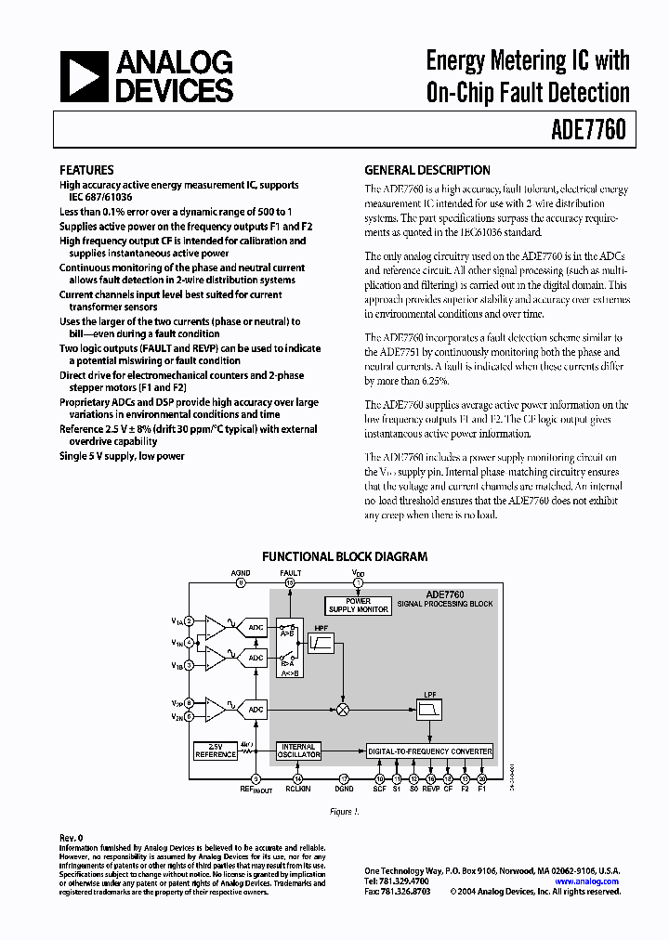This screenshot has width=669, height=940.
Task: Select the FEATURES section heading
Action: click(86, 170)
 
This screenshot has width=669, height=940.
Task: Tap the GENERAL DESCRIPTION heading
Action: click(426, 170)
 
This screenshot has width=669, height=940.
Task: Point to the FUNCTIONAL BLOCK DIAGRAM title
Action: click(344, 556)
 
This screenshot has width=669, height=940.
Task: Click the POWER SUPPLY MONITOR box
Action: click(359, 606)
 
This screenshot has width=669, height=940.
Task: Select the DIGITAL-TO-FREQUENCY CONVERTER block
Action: click(429, 751)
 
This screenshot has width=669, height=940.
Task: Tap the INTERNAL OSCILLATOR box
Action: click(298, 751)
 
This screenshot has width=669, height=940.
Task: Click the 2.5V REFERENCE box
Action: click(216, 751)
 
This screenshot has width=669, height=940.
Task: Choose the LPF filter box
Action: click(429, 709)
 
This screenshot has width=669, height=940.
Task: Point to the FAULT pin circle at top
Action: click(290, 583)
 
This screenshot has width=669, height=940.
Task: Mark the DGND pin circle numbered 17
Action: click(343, 778)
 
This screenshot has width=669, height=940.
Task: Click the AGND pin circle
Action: click(241, 583)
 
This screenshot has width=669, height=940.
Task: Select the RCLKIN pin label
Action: click(298, 790)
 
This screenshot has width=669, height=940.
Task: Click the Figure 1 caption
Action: click(344, 811)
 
